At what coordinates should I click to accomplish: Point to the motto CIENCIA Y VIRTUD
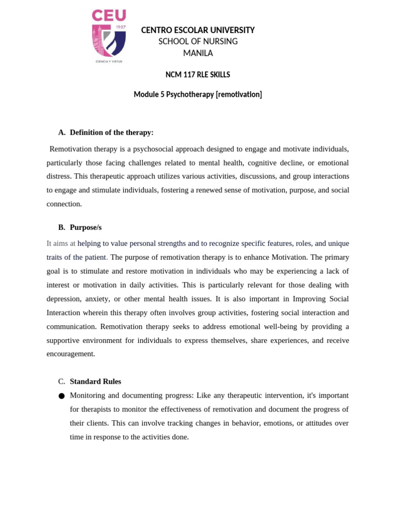coord(109,61)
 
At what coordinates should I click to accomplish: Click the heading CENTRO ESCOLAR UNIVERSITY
coord(198,30)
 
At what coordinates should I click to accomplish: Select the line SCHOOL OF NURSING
coord(198,42)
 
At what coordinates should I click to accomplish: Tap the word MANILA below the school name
coord(198,53)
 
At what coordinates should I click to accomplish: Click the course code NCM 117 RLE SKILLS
coord(197,75)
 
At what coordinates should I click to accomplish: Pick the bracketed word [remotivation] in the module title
coord(239,95)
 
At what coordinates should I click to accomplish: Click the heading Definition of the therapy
coord(111,133)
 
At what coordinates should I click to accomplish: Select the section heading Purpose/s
coord(86,227)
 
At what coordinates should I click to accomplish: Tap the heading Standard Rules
coord(95,382)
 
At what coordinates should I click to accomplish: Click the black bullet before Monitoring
coord(61,396)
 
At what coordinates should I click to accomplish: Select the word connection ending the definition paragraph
coord(64,204)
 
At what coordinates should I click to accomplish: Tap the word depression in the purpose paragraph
coord(64,299)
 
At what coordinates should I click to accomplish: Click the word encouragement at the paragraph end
coord(71,354)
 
